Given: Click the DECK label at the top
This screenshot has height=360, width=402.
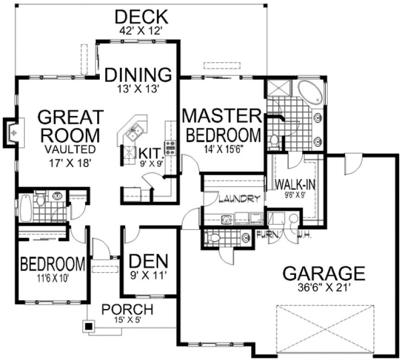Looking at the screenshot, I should pyautogui.click(x=141, y=16).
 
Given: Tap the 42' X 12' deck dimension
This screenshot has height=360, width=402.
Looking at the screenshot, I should pyautogui.click(x=141, y=31).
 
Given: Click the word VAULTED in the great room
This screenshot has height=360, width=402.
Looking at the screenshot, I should pyautogui.click(x=70, y=149).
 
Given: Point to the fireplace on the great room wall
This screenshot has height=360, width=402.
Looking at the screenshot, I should pyautogui.click(x=12, y=131).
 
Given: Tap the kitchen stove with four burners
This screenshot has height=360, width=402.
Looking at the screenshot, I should pyautogui.click(x=170, y=147).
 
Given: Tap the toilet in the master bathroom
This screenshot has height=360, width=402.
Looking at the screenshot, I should pyautogui.click(x=274, y=140).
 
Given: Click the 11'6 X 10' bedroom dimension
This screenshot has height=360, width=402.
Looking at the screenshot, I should pyautogui.click(x=53, y=278).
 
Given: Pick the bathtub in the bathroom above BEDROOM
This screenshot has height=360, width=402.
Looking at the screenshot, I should pyautogui.click(x=25, y=208).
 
